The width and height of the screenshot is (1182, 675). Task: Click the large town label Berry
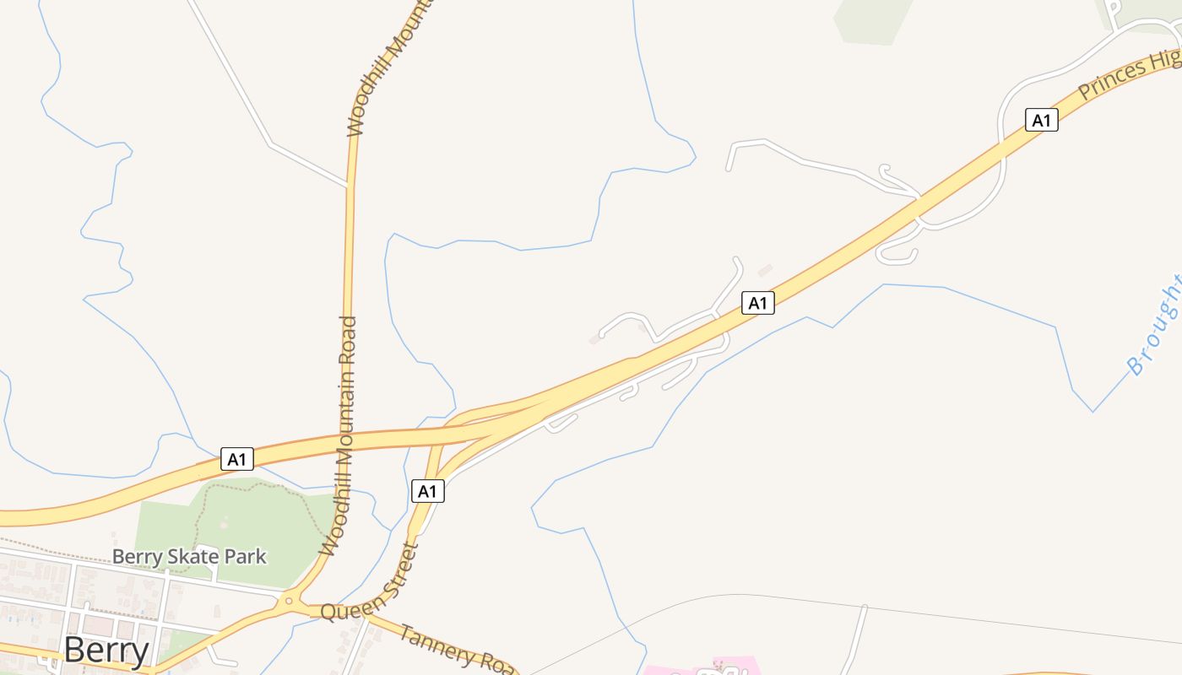click(106, 650)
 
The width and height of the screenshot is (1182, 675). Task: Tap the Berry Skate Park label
click(189, 557)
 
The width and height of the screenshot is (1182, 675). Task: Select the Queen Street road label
click(370, 589)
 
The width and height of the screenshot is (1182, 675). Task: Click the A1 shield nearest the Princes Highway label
click(1041, 120)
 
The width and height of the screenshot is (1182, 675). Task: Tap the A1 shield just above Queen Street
click(427, 491)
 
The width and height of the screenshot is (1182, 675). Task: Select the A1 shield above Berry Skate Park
click(237, 460)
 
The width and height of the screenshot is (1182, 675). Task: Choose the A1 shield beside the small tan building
click(757, 303)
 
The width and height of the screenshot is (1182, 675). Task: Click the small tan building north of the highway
click(766, 270)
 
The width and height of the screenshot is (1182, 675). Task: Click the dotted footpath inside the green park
click(253, 487)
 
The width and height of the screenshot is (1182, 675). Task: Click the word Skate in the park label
click(188, 557)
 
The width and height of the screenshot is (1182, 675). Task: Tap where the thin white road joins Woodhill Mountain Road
click(347, 184)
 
